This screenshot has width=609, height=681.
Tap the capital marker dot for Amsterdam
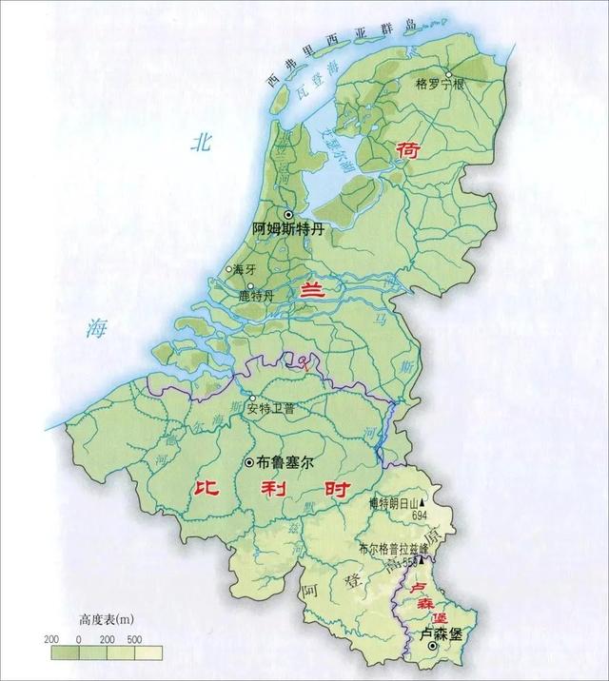288,214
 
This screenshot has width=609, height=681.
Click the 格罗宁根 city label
441,84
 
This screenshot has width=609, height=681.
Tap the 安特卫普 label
271,410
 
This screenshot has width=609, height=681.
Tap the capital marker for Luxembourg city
434,648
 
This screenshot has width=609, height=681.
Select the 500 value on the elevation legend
135,636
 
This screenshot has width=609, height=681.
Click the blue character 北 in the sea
200,144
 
